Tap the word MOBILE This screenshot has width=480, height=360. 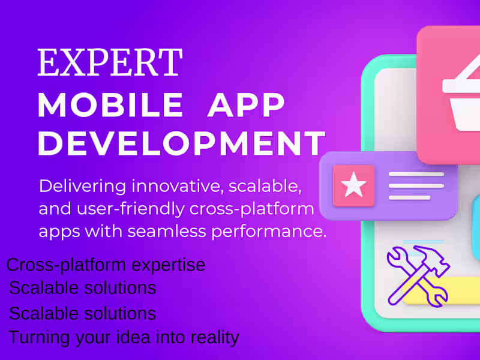pos(110,106)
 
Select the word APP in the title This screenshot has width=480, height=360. pos(246,106)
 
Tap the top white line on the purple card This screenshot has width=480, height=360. pos(416,175)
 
